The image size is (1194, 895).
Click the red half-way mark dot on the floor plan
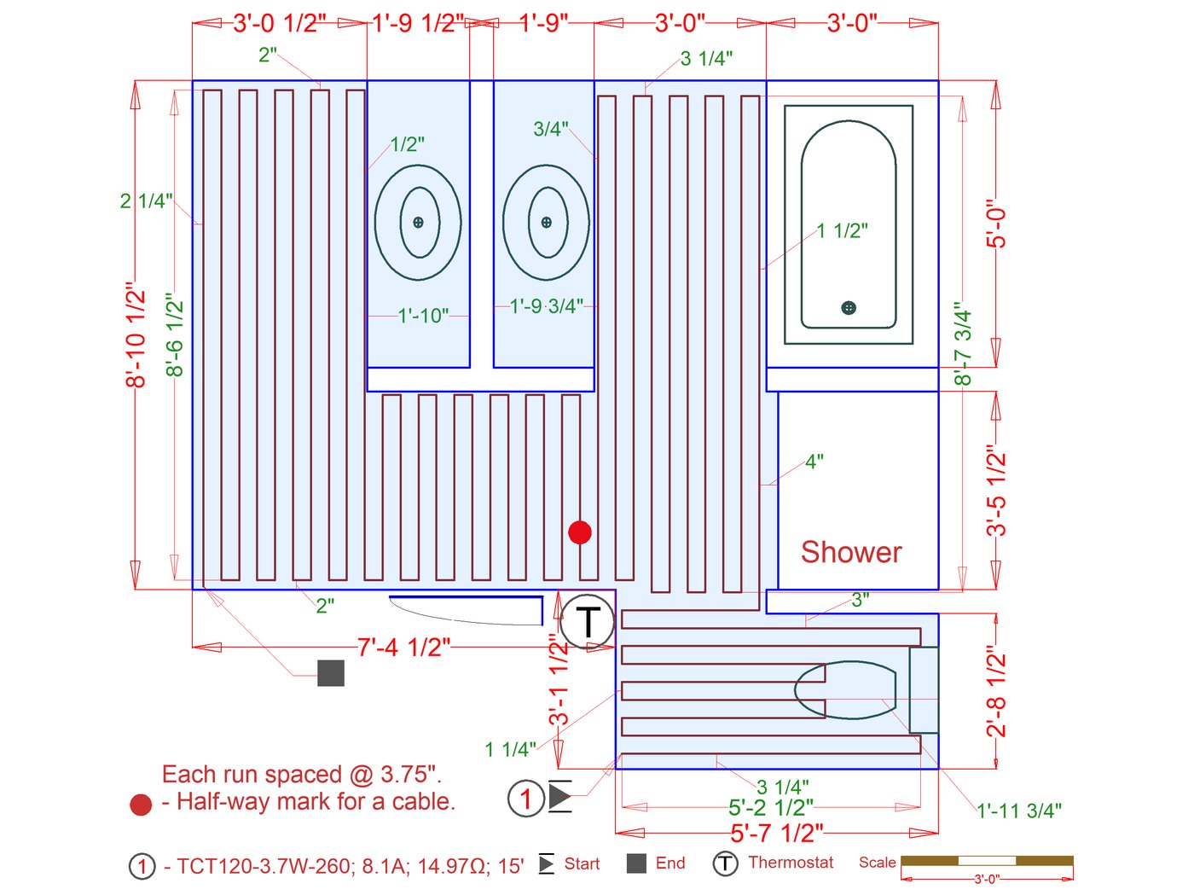coord(579,532)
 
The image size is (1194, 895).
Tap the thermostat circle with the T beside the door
coord(588,620)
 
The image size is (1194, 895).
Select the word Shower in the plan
coord(851,552)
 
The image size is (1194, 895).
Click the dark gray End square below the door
coord(331,673)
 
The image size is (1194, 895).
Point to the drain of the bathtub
coord(848,307)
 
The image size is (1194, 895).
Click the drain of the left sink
coord(418,222)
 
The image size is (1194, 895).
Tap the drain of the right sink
coord(546,222)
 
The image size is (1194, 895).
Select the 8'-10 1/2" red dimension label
coord(136,334)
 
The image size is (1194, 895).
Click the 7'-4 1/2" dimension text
coord(404,648)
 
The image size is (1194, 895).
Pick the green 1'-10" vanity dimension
coord(423,316)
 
